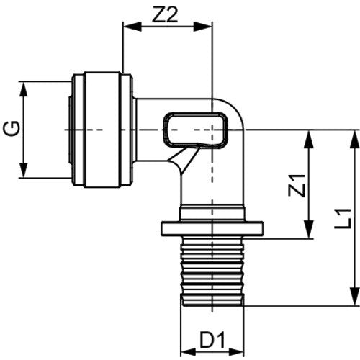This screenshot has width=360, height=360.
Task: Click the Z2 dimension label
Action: [x=166, y=15]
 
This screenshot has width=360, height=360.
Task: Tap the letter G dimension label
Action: [x=12, y=128]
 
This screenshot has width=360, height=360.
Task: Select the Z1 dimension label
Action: [x=297, y=186]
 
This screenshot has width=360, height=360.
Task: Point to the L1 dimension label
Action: [x=343, y=219]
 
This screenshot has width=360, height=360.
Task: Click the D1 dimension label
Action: [x=212, y=340]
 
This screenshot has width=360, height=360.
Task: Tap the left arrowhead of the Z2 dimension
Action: [x=132, y=27]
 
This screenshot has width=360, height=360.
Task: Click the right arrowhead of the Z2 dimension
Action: [x=203, y=27]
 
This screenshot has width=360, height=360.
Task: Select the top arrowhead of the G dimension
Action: [x=23, y=91]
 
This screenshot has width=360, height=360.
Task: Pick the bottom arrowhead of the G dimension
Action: [x=23, y=169]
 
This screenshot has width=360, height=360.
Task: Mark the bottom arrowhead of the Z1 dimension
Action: [x=309, y=230]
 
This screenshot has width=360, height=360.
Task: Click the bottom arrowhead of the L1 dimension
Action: [x=355, y=297]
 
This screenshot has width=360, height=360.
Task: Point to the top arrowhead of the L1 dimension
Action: [x=355, y=139]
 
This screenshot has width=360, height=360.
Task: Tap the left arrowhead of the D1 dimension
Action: [x=189, y=352]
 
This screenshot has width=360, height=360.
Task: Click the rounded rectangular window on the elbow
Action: [x=196, y=130]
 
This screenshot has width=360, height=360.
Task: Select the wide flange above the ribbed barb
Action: [x=212, y=228]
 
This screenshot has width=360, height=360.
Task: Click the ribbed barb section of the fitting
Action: [x=212, y=271]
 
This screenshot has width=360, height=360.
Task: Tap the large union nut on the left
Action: [x=102, y=130]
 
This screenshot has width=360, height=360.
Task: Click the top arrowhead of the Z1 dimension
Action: [x=309, y=139]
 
